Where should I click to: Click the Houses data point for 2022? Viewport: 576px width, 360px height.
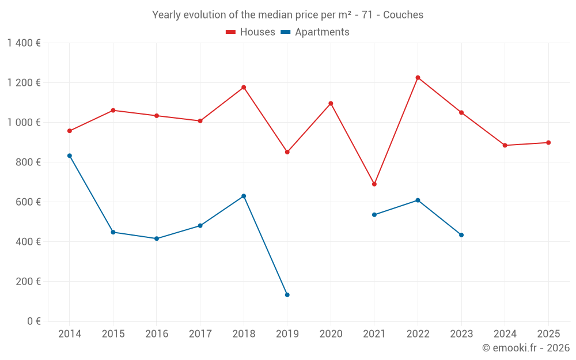(418, 78)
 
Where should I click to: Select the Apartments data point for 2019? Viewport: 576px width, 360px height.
(287, 295)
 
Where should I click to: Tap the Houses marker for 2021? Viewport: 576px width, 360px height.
(374, 184)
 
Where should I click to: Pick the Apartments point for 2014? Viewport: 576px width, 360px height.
(70, 156)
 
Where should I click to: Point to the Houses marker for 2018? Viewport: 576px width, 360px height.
(244, 88)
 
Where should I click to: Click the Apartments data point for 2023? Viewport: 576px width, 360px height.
(461, 235)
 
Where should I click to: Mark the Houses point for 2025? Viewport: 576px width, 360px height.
(548, 143)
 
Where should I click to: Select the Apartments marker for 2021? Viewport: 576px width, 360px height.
(374, 215)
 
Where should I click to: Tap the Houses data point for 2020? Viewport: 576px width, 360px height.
(331, 104)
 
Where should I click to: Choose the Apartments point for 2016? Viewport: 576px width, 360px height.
(157, 238)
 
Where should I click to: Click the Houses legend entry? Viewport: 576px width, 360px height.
(251, 32)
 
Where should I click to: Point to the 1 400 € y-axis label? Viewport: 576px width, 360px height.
(24, 43)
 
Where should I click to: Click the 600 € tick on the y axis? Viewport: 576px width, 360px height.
(28, 202)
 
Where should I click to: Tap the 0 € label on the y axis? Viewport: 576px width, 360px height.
(33, 321)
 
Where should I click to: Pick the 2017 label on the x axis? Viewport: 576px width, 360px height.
(200, 334)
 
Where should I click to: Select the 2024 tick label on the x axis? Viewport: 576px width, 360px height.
(505, 334)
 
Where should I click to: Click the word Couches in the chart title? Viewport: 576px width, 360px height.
(403, 15)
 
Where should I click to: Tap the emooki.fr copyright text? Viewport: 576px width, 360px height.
(526, 348)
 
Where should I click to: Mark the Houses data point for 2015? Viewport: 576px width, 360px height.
(113, 110)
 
